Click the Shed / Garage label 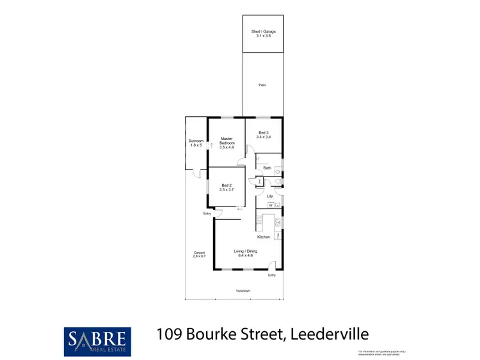[263, 31]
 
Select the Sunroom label [196, 141]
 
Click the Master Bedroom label [227, 140]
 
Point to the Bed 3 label [262, 133]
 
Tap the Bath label [268, 168]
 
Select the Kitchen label [264, 237]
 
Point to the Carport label [199, 253]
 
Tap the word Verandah [243, 291]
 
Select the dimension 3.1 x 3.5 [263, 36]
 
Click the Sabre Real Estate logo [98, 341]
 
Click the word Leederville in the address [330, 334]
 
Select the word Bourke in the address [216, 334]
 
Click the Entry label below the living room [272, 276]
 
